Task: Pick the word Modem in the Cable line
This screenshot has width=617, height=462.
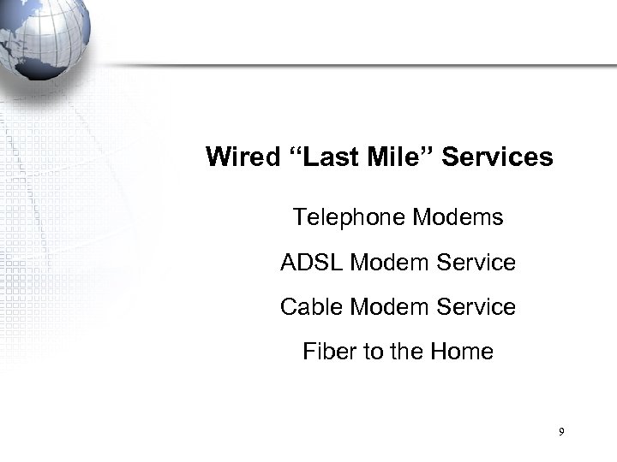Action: pos(386,307)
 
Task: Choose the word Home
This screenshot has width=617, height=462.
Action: pos(464,352)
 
